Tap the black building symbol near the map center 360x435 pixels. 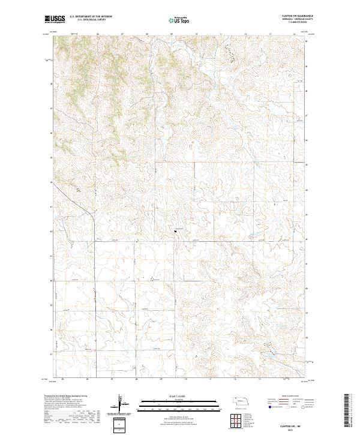(x=176, y=230)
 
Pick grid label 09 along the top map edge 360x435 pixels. (x=172, y=34)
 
